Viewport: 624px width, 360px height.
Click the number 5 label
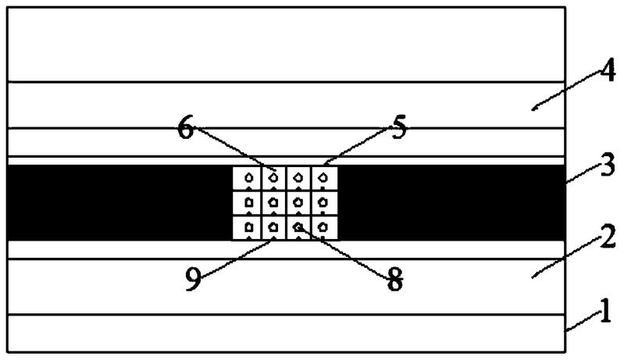(x=398, y=128)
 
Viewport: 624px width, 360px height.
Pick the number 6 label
(x=186, y=129)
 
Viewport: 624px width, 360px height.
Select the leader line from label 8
(x=344, y=252)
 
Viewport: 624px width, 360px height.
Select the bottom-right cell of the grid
(x=324, y=227)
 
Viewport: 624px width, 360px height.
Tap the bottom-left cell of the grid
(x=248, y=227)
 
